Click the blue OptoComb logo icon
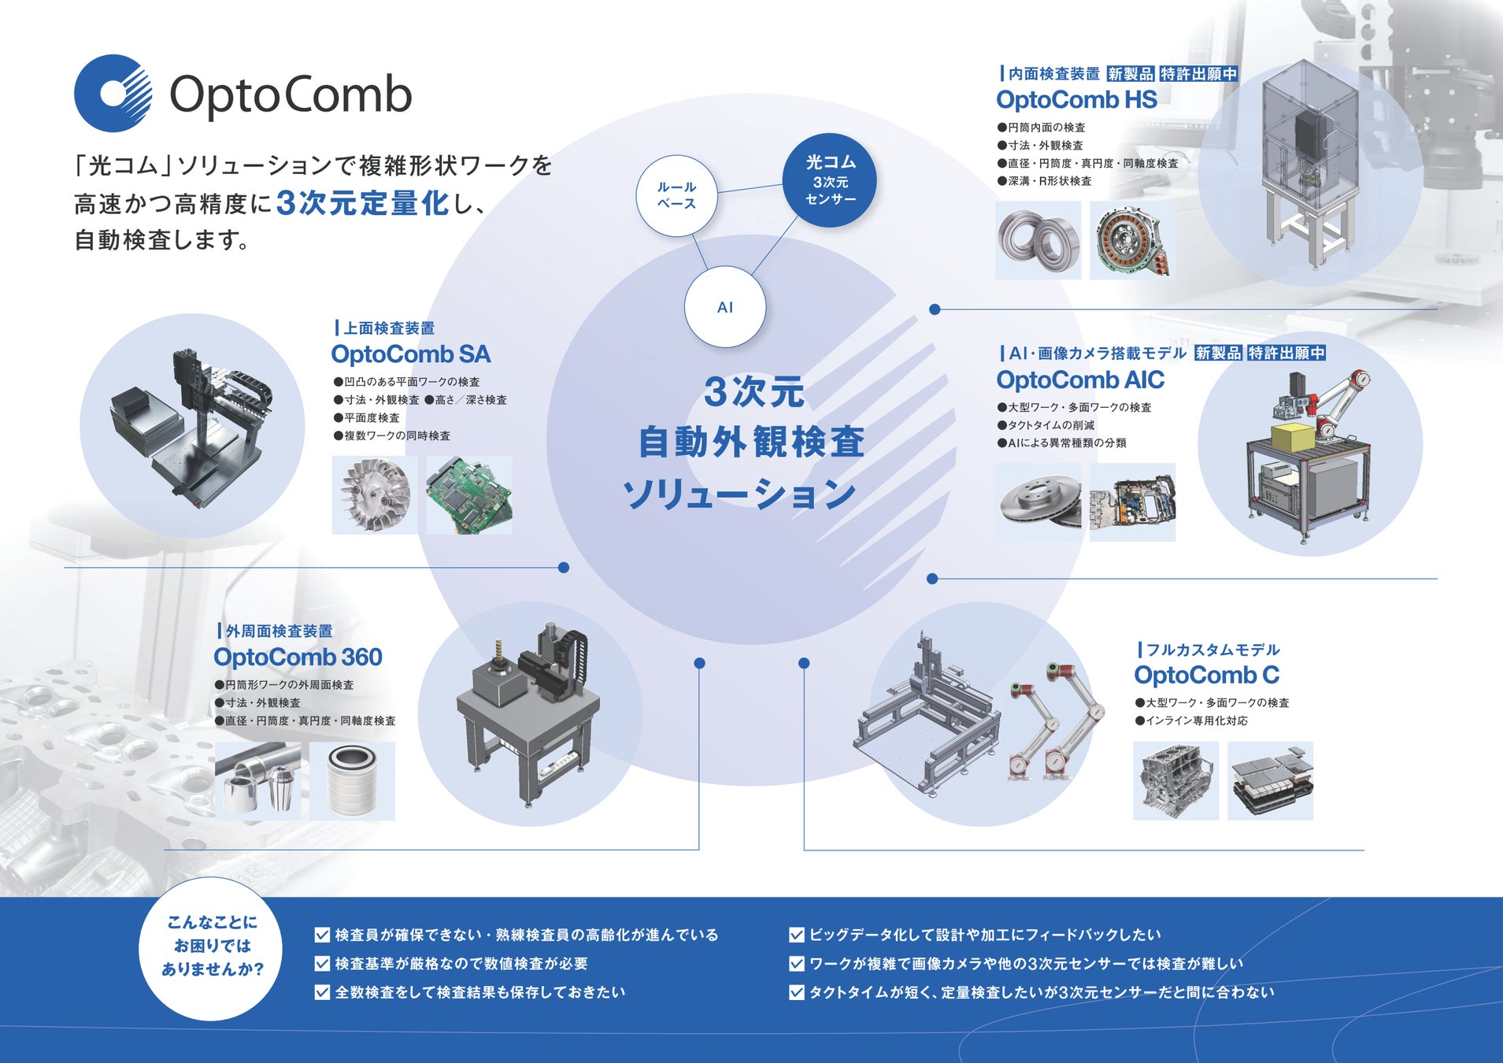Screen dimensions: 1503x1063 click(113, 93)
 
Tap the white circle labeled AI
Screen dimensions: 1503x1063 click(724, 307)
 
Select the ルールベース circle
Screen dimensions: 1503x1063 click(676, 195)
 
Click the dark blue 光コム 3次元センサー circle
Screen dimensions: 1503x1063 click(830, 180)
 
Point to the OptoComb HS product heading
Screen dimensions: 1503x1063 click(1076, 100)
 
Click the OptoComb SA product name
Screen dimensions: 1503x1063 click(410, 354)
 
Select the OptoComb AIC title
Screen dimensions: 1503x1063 click(1079, 380)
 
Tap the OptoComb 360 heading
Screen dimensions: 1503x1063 click(298, 657)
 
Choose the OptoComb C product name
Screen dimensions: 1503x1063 click(1206, 675)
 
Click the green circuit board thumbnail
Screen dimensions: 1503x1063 click(469, 495)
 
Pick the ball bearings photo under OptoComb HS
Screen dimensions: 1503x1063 click(1038, 239)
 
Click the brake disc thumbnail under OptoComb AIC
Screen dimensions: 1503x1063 click(1038, 502)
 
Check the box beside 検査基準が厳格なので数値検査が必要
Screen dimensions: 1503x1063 click(322, 964)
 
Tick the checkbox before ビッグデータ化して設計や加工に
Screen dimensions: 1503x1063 click(796, 935)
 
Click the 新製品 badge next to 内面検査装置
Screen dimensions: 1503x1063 click(1131, 74)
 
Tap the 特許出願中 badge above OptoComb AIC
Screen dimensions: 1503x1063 click(1286, 353)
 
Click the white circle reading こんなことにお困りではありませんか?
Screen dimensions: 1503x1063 click(211, 946)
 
